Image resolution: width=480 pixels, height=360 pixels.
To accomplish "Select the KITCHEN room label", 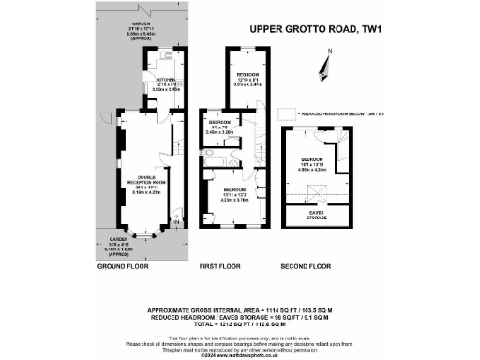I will click(166, 81).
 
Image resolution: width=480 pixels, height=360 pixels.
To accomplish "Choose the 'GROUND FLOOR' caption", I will click(124, 267).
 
